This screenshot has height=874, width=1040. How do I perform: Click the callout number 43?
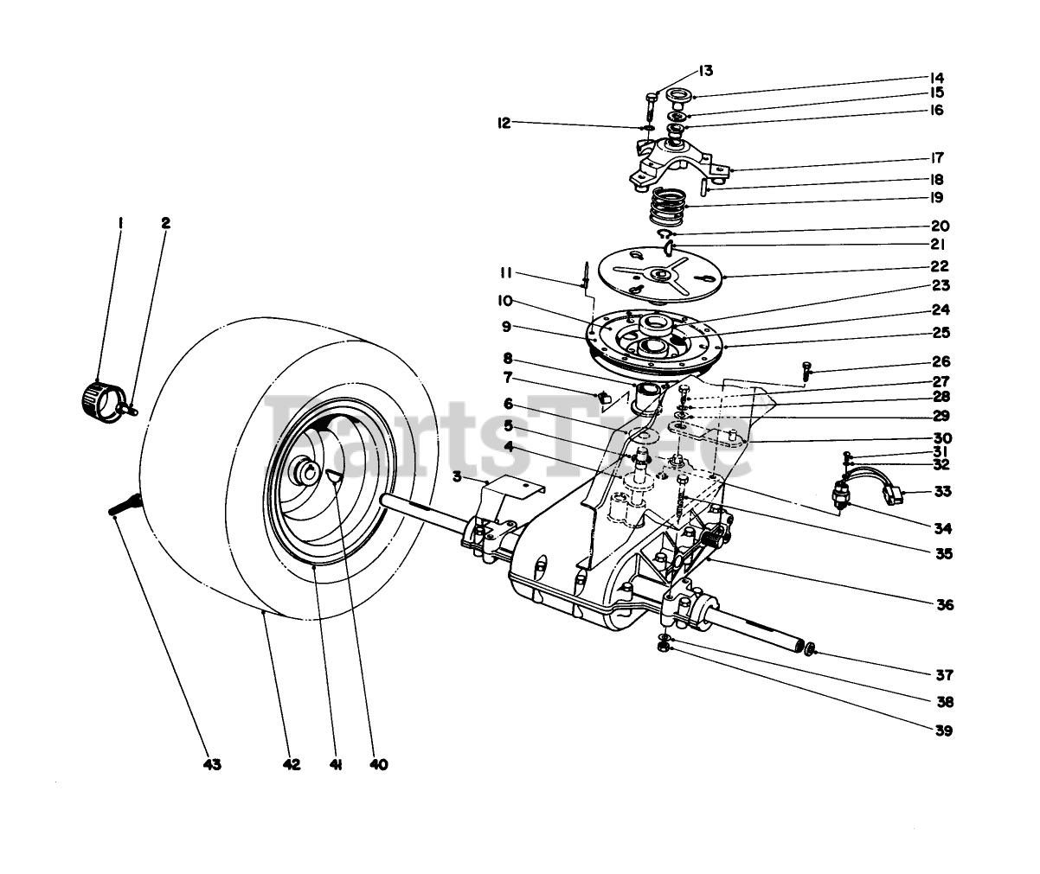(x=211, y=764)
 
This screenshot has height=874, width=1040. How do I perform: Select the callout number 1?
(x=120, y=222)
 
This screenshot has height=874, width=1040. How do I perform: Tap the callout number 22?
(x=939, y=266)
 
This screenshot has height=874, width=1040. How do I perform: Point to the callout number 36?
(x=944, y=605)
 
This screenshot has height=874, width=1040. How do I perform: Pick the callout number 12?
(x=505, y=124)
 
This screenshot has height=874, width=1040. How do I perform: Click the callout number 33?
(x=942, y=493)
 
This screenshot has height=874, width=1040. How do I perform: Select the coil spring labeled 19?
(x=667, y=207)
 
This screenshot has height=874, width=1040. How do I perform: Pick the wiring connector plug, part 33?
(x=893, y=496)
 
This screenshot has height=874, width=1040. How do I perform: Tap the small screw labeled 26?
(x=807, y=372)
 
